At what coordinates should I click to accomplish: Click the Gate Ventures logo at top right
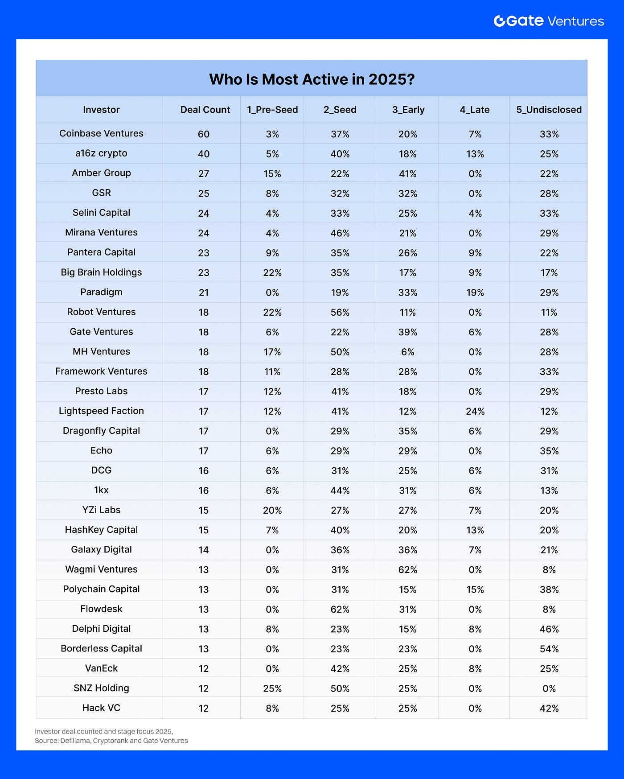click(548, 21)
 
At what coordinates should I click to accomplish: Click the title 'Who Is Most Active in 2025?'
click(312, 79)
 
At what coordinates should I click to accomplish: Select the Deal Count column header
click(205, 110)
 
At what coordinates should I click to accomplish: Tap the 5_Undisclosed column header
click(549, 110)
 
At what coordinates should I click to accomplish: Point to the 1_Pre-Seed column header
click(272, 110)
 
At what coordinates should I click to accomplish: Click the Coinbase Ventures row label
click(101, 133)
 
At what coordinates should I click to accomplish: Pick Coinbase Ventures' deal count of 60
click(204, 134)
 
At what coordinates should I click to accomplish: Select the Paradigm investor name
click(101, 292)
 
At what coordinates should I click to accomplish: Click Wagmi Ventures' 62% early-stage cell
click(407, 570)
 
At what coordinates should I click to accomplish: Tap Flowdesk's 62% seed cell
click(340, 609)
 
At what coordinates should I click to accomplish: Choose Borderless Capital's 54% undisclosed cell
click(549, 649)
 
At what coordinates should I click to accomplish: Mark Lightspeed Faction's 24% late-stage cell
click(475, 411)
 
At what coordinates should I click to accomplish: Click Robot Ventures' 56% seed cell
click(340, 313)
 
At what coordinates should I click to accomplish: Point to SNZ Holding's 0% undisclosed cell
click(549, 688)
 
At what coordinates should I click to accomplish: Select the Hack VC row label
click(101, 708)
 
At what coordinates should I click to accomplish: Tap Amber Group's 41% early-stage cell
click(407, 174)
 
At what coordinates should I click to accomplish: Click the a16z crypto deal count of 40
click(204, 154)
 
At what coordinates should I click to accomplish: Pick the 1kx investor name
click(101, 490)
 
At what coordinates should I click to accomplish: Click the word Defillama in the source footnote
click(75, 741)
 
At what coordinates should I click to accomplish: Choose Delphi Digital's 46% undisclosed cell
click(549, 629)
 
